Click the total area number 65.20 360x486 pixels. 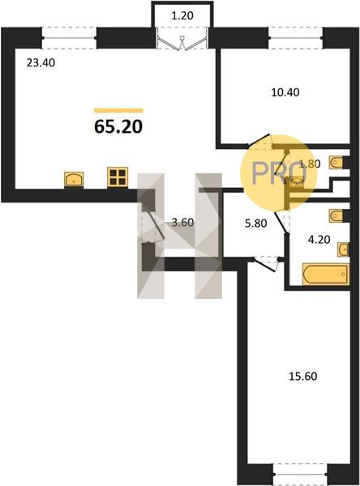click(x=118, y=126)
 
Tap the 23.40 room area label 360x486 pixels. click(x=41, y=63)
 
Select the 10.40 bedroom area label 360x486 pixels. click(x=285, y=92)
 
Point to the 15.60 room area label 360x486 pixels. click(x=303, y=377)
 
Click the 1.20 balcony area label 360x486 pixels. click(x=182, y=15)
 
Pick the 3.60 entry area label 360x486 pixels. click(x=182, y=222)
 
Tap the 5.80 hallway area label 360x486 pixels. click(x=255, y=224)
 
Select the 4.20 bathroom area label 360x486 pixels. click(x=319, y=240)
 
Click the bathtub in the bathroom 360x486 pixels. click(x=326, y=274)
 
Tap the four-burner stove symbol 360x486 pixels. click(x=118, y=177)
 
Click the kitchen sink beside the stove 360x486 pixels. click(x=74, y=180)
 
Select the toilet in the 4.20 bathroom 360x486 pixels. click(x=336, y=215)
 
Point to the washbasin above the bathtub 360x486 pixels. click(x=343, y=249)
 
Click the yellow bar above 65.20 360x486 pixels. click(x=118, y=110)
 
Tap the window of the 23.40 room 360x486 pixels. click(x=69, y=38)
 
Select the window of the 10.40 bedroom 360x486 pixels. click(x=296, y=38)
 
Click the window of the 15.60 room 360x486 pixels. click(x=301, y=474)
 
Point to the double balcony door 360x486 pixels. click(x=182, y=38)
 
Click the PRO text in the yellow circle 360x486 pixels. click(x=279, y=173)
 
